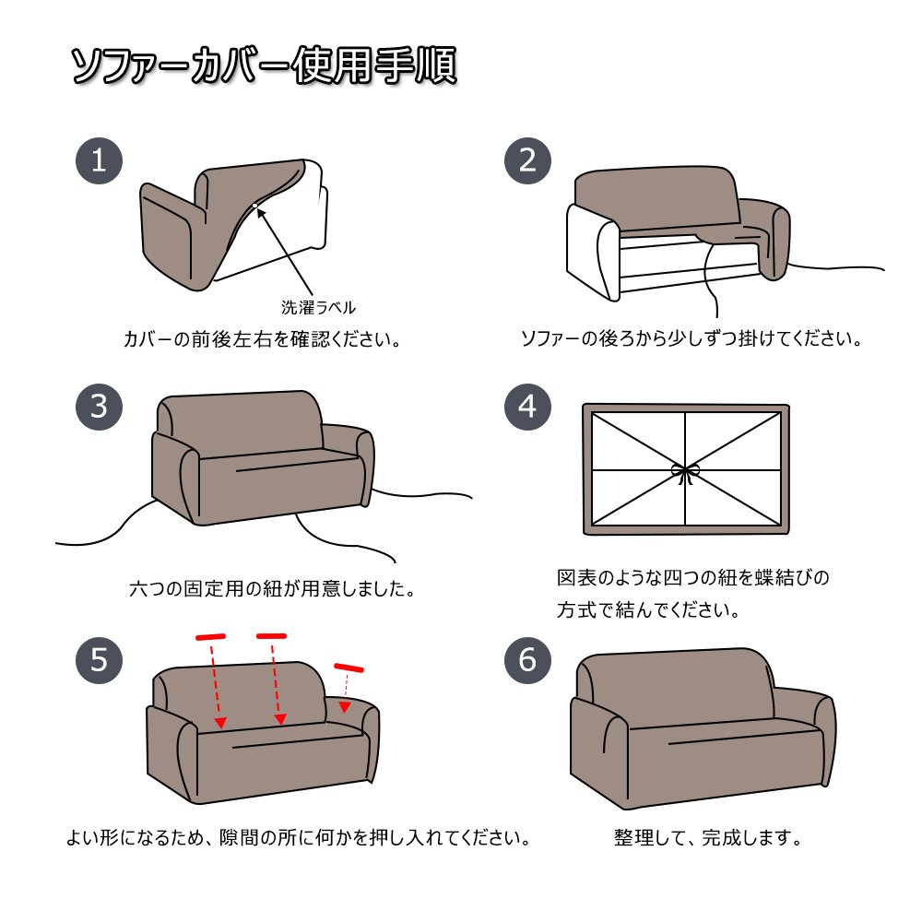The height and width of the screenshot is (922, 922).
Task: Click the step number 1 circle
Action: [x=99, y=160]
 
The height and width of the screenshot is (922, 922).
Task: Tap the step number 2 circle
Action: [x=527, y=160]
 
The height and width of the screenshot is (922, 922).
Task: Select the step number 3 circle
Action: [x=99, y=407]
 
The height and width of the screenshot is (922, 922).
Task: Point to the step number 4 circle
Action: [x=527, y=407]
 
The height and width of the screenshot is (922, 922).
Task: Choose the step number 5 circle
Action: [x=99, y=660]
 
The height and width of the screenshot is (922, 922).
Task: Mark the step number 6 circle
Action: [x=527, y=660]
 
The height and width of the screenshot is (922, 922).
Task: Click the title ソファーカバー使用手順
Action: [x=264, y=65]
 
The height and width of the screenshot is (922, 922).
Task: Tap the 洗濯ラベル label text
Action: [x=318, y=308]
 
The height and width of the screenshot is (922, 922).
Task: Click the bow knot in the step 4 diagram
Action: [x=684, y=473]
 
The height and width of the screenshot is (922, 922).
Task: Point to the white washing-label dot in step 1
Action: [x=254, y=206]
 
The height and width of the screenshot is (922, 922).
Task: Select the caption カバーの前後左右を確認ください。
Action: [x=262, y=339]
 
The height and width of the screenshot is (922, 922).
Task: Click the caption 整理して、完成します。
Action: [x=708, y=837]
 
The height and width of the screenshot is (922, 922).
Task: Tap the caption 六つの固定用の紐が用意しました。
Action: [x=272, y=588]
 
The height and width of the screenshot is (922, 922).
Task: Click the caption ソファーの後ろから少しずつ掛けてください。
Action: [x=691, y=338]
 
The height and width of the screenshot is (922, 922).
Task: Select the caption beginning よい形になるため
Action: [x=298, y=837]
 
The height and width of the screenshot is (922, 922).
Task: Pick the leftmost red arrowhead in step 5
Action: [x=220, y=722]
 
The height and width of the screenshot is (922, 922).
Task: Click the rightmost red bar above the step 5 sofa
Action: [x=349, y=668]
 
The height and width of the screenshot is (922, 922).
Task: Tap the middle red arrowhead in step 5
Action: [x=280, y=719]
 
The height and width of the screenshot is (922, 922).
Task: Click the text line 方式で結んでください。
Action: [x=648, y=609]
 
